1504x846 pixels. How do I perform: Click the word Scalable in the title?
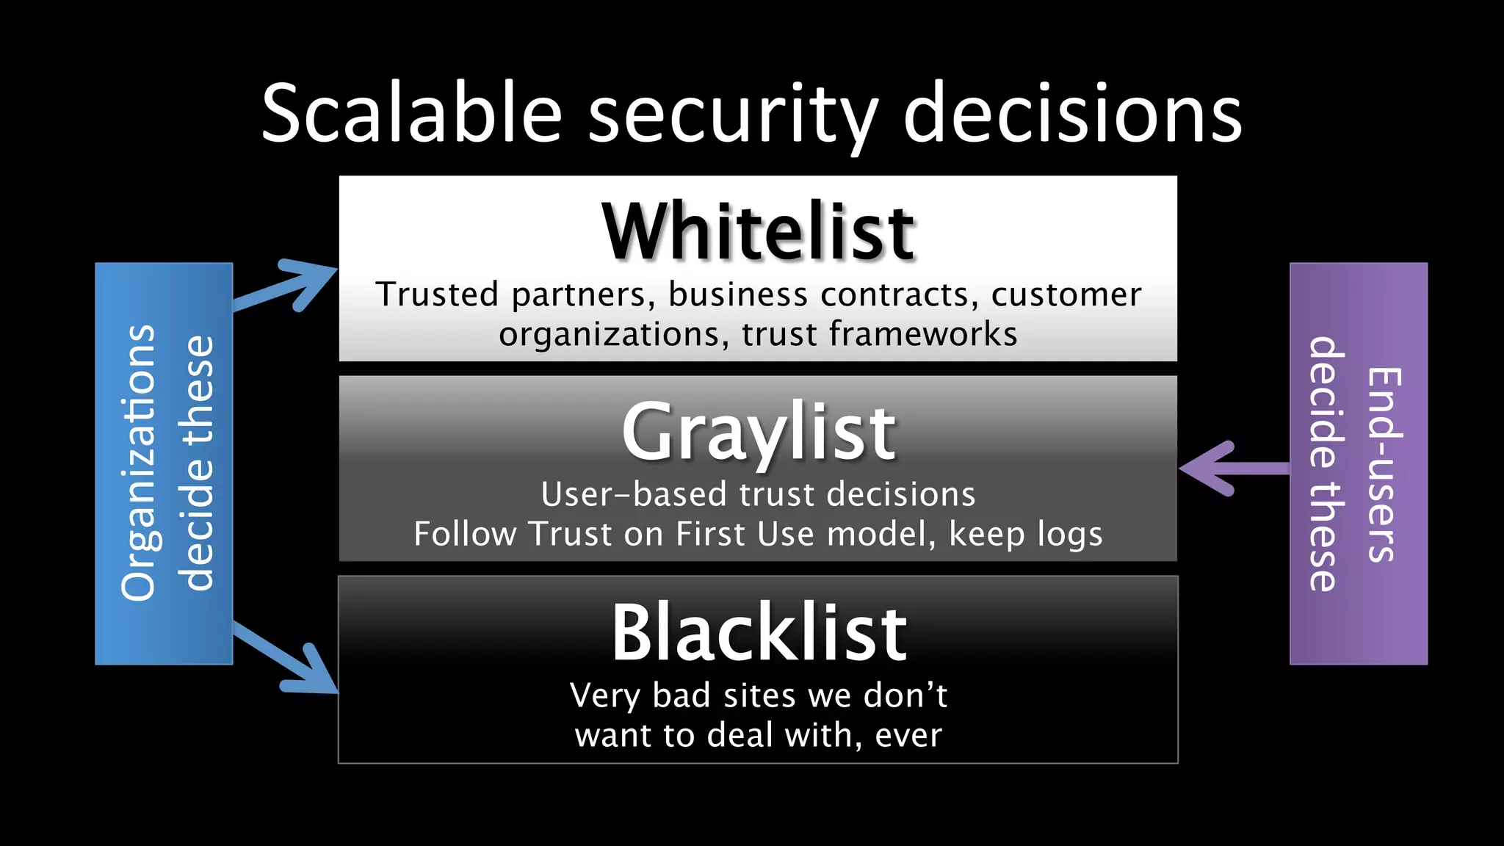click(x=411, y=114)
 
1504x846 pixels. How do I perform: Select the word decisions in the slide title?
click(x=1072, y=114)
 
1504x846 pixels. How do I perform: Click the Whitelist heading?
click(x=758, y=232)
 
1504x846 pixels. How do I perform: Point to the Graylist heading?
click(x=758, y=433)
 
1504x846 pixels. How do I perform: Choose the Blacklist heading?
click(x=759, y=633)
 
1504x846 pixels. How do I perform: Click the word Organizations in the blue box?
click(x=139, y=463)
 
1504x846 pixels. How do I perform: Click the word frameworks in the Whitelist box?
click(x=923, y=334)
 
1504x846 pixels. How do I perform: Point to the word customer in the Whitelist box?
click(x=1066, y=294)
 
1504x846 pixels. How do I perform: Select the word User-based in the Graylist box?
click(x=634, y=494)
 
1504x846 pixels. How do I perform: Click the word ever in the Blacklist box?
click(x=908, y=735)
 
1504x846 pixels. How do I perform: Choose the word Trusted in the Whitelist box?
click(x=438, y=294)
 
